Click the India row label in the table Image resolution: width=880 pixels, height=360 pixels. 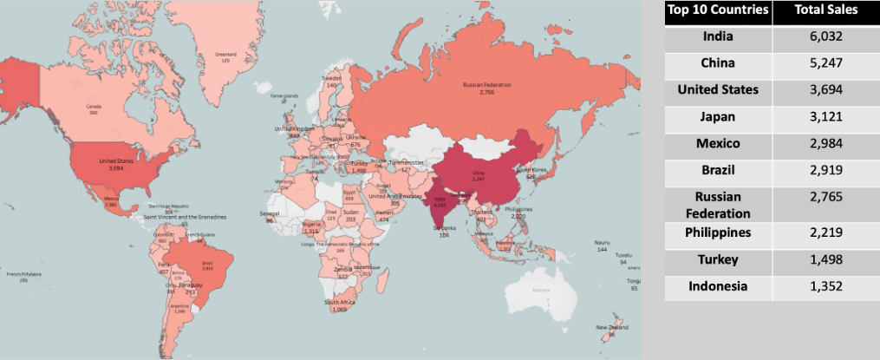(717, 36)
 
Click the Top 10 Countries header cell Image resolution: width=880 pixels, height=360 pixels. (717, 10)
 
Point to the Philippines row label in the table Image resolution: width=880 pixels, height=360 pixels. (717, 232)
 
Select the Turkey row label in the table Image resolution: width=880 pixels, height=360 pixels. (717, 259)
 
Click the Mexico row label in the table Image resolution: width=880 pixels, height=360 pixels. (717, 143)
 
